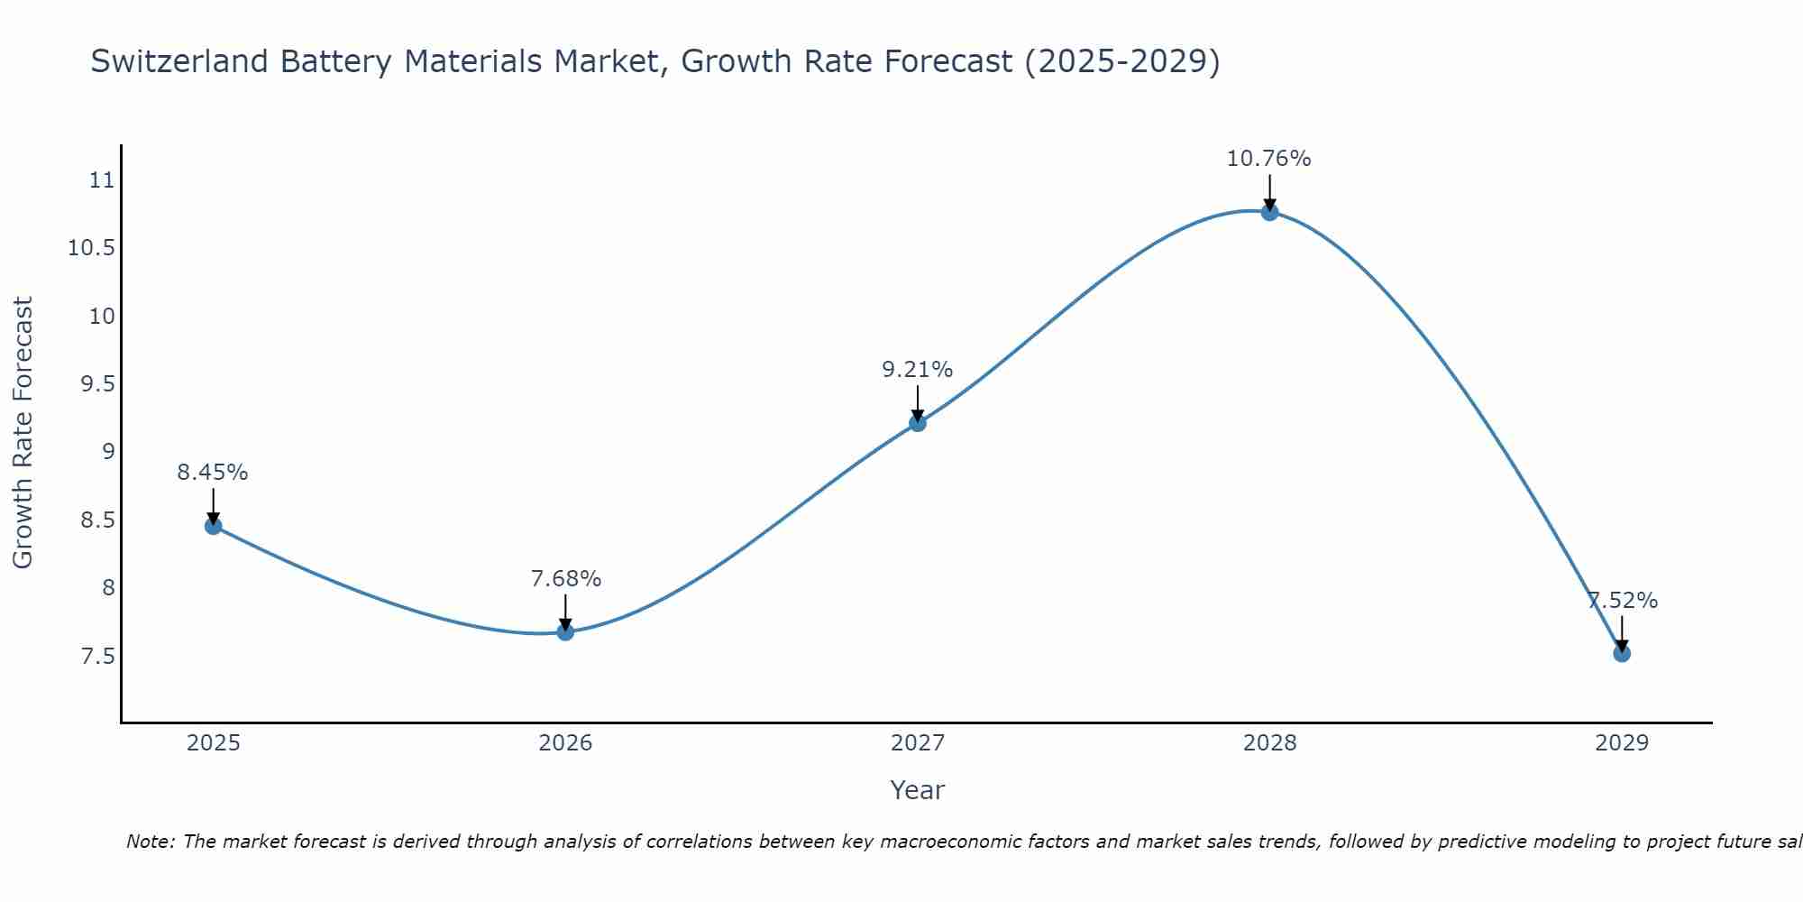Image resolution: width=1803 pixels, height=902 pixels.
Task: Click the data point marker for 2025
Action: [x=213, y=526]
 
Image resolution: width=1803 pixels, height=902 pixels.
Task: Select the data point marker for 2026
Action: [x=565, y=631]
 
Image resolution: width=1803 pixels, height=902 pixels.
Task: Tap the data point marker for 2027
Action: [x=918, y=422]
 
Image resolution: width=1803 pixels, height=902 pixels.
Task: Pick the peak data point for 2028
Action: [x=1269, y=212]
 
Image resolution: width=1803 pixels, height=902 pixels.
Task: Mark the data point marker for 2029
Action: [x=1622, y=653]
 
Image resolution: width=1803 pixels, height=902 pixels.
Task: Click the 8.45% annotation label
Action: [x=213, y=472]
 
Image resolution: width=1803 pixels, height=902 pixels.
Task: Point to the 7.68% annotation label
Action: [x=565, y=578]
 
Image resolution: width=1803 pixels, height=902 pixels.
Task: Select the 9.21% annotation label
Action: [x=917, y=369]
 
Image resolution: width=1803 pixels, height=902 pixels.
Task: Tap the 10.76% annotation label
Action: [x=1268, y=159]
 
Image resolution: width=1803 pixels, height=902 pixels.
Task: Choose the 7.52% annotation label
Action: [x=1622, y=601]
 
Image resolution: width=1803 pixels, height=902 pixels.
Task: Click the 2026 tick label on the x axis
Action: [x=565, y=743]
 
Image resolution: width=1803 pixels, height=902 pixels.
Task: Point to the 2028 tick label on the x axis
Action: [x=1269, y=743]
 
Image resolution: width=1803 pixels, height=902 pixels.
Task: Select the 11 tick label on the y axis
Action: [x=103, y=180]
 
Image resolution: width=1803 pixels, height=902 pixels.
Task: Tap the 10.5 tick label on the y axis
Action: [x=92, y=248]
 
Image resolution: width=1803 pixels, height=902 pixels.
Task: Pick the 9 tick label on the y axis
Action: [x=109, y=452]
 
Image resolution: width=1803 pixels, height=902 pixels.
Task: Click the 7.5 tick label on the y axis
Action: [x=98, y=656]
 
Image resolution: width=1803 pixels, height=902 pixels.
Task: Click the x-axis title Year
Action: [x=917, y=790]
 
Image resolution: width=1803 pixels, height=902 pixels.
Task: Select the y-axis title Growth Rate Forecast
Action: [x=23, y=433]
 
